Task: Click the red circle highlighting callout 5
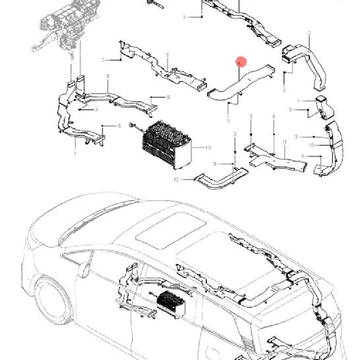pyautogui.click(x=241, y=62)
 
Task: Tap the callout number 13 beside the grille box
pyautogui.click(x=207, y=147)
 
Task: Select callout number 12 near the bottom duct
pyautogui.click(x=177, y=180)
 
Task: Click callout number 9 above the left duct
pyautogui.click(x=108, y=76)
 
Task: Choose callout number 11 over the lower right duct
pyautogui.click(x=284, y=142)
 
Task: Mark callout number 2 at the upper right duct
pyautogui.click(x=309, y=33)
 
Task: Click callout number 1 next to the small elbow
pyautogui.click(x=297, y=100)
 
